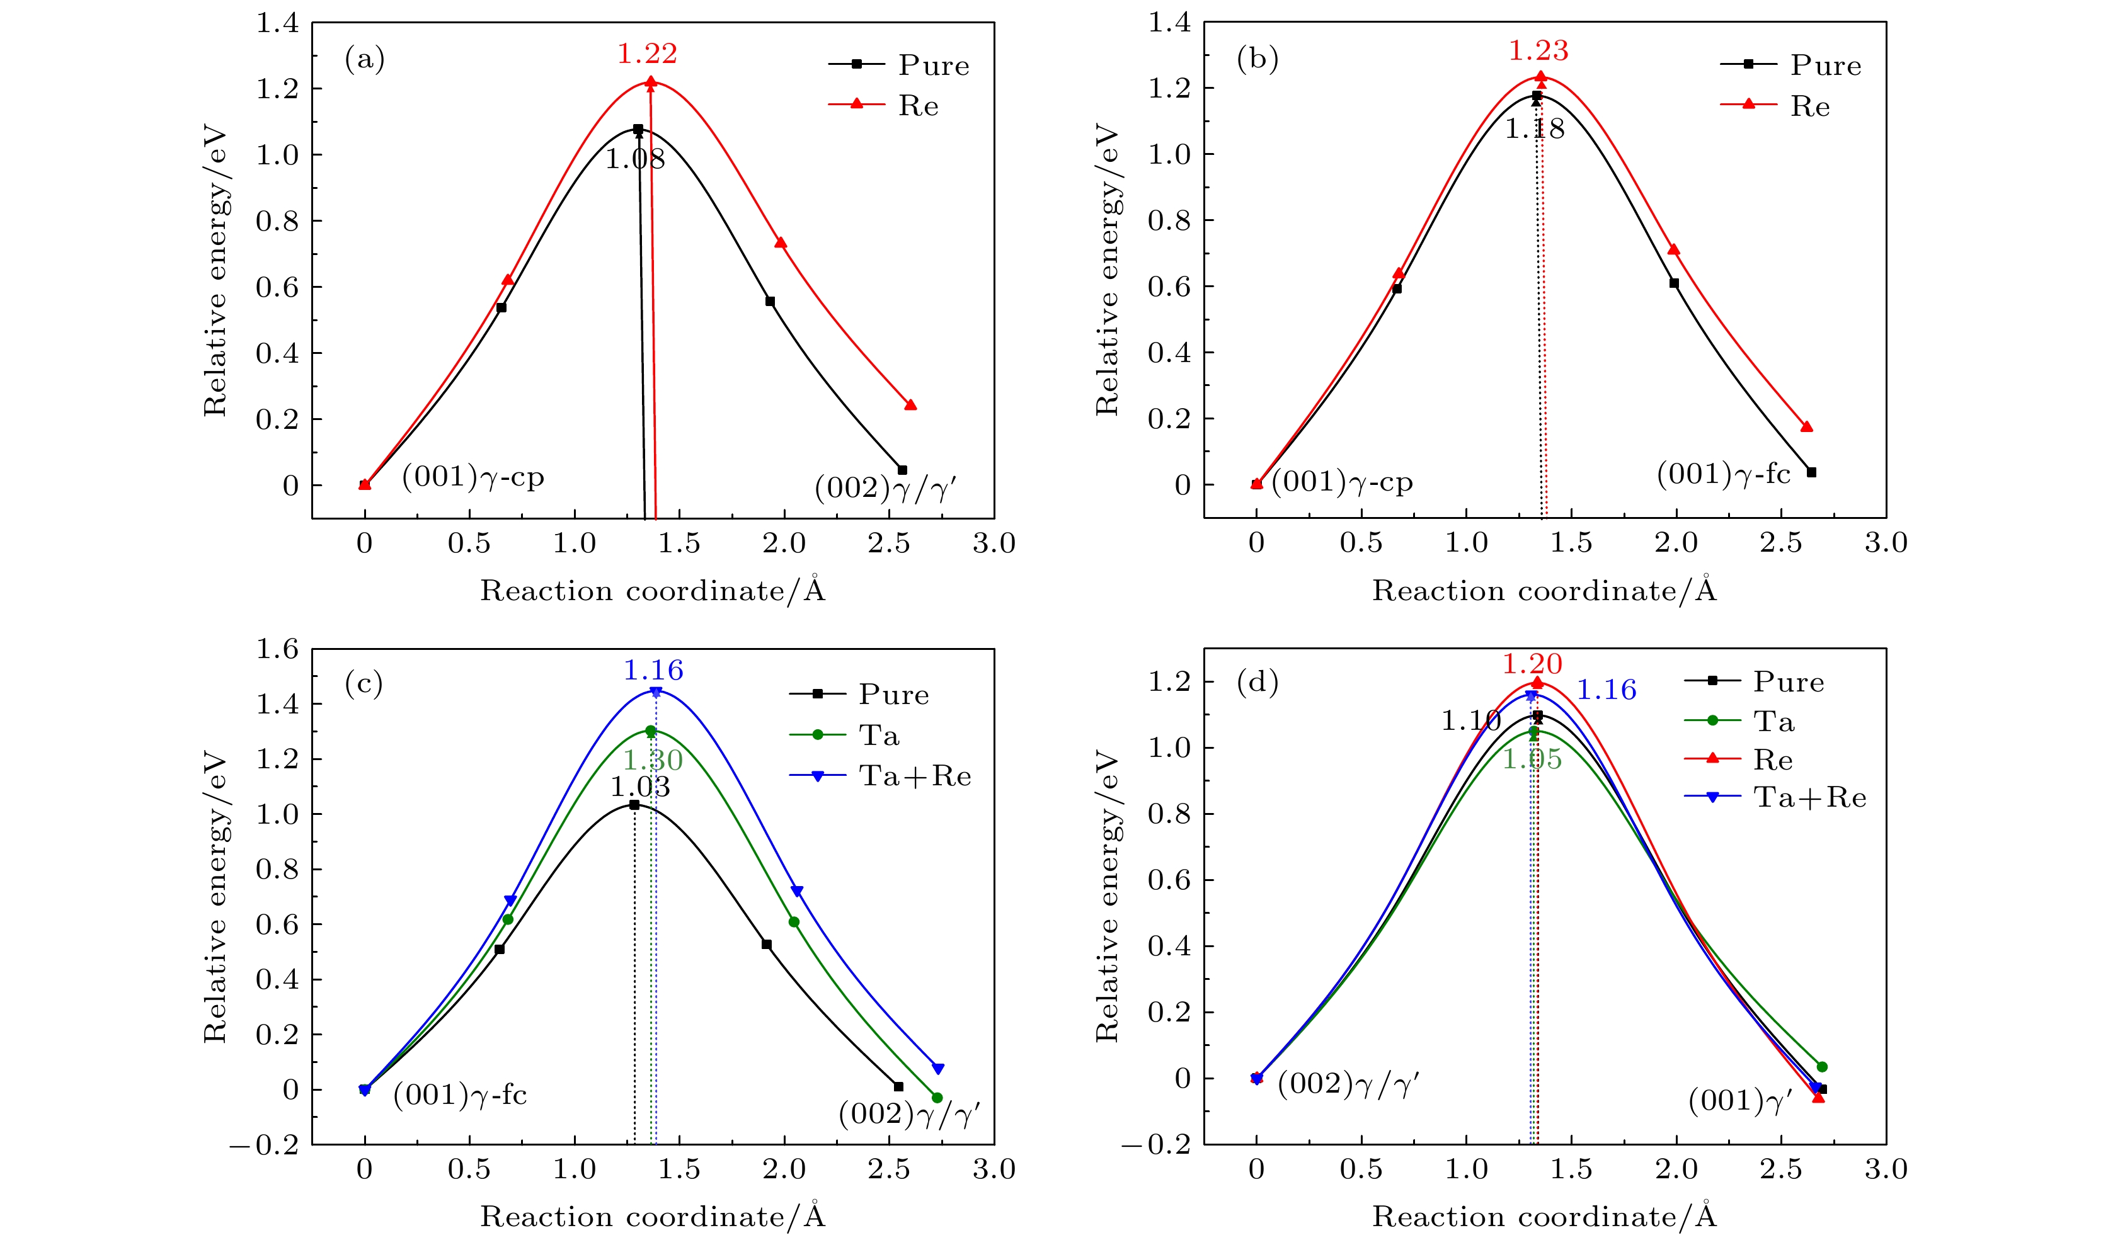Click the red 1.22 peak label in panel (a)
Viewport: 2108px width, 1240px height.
pyautogui.click(x=646, y=54)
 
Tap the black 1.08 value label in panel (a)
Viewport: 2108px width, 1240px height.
pyautogui.click(x=635, y=159)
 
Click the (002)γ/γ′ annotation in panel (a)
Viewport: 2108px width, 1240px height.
pyautogui.click(x=885, y=488)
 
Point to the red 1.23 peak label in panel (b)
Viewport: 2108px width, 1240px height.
pyautogui.click(x=1538, y=51)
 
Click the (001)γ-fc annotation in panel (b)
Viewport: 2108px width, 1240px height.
pyautogui.click(x=1723, y=474)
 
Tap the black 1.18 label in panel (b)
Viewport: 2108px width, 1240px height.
pyautogui.click(x=1534, y=128)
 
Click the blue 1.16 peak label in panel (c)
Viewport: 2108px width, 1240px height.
pyautogui.click(x=653, y=669)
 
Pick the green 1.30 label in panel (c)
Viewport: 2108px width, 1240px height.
pyautogui.click(x=653, y=760)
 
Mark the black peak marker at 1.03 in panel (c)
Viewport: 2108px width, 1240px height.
pyautogui.click(x=634, y=804)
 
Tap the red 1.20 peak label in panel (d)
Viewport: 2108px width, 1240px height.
pyautogui.click(x=1532, y=664)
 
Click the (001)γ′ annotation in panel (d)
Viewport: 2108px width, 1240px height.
pyautogui.click(x=1740, y=1100)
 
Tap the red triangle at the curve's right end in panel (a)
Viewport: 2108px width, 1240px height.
pyautogui.click(x=910, y=406)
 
